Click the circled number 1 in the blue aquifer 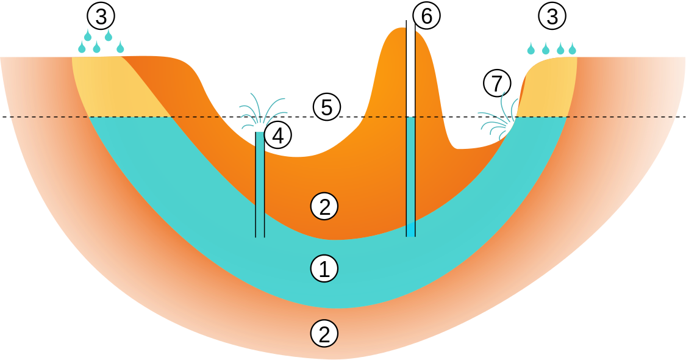[324, 269]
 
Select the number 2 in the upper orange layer [324, 207]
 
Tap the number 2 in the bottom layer [324, 334]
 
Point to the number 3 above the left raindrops [101, 15]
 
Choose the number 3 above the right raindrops [552, 16]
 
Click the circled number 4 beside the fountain [277, 135]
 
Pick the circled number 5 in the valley [326, 107]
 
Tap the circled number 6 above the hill [426, 16]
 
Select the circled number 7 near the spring [497, 83]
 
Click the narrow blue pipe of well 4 [260, 183]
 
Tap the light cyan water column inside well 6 [410, 171]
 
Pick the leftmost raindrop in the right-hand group [531, 49]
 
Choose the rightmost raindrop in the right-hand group [572, 49]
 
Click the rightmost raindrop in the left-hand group [120, 46]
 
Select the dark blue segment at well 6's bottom [410, 230]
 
